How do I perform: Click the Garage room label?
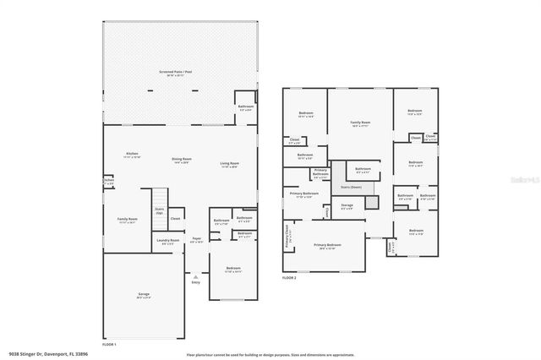pyautogui.click(x=143, y=295)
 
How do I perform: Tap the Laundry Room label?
pyautogui.click(x=169, y=241)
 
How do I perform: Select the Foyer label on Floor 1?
pyautogui.click(x=196, y=241)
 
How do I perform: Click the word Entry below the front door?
pyautogui.click(x=196, y=283)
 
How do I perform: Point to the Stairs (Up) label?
pyautogui.click(x=159, y=211)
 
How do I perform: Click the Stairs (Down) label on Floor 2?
pyautogui.click(x=351, y=187)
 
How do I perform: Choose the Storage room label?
pyautogui.click(x=347, y=205)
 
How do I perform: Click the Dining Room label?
pyautogui.click(x=182, y=159)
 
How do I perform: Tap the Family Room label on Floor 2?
pyautogui.click(x=361, y=123)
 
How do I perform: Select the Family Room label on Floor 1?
pyautogui.click(x=127, y=219)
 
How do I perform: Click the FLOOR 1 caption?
pyautogui.click(x=110, y=345)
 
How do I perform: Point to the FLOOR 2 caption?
pyautogui.click(x=289, y=277)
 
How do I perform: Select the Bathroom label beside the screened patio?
pyautogui.click(x=246, y=106)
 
